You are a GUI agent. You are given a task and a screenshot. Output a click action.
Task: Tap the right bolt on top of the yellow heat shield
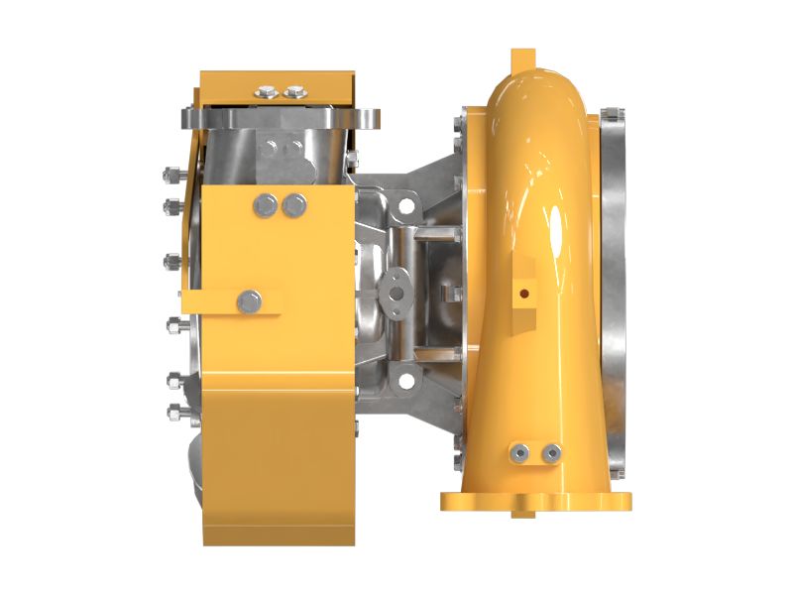[294, 92]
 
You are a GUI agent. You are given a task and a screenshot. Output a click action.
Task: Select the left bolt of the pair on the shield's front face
[266, 205]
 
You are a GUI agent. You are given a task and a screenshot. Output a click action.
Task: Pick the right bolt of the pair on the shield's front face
[294, 205]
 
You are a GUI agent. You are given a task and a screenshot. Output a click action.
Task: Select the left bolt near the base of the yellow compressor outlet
[517, 453]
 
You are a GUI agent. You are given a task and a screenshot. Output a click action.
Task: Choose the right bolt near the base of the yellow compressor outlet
[551, 453]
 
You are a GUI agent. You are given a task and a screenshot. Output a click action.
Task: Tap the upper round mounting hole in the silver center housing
[403, 209]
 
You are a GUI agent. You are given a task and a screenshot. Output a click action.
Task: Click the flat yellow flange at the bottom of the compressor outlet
[535, 501]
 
